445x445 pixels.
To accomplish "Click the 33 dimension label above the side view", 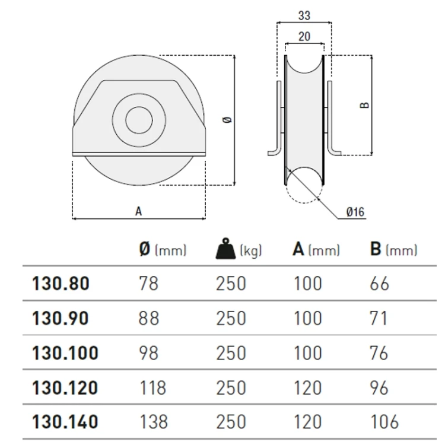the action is point(304,15).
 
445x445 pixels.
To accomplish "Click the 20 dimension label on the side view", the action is point(304,37).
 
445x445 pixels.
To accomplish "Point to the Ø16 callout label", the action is point(355,212).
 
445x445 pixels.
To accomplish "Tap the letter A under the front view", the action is point(138,211).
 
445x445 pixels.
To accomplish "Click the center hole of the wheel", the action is point(139,120).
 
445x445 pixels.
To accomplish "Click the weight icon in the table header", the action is point(226,249).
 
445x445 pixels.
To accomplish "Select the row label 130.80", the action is point(61,283).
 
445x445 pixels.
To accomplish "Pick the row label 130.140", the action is point(65,421).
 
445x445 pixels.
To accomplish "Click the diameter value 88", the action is point(148,318).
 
